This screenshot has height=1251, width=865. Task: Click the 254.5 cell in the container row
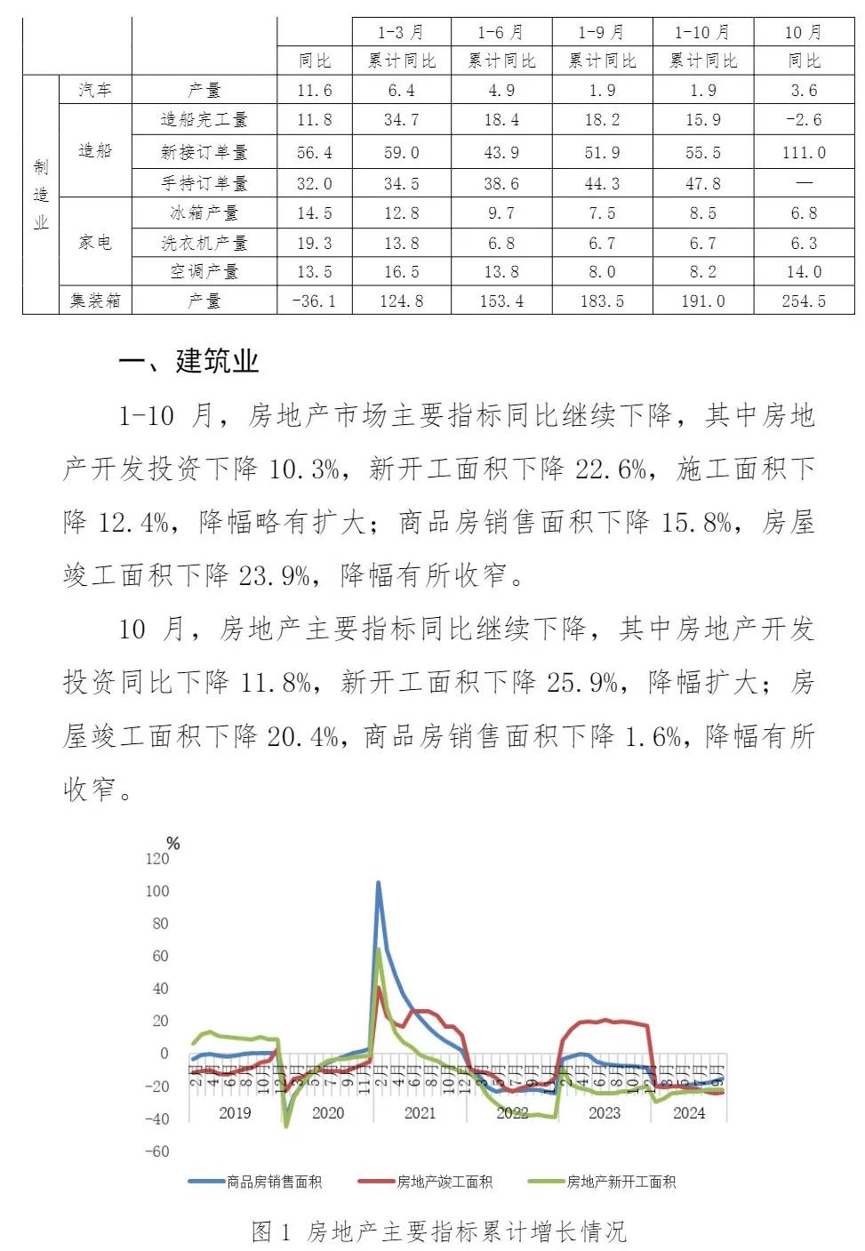(x=804, y=301)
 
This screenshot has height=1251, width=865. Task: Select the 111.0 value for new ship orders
(x=804, y=153)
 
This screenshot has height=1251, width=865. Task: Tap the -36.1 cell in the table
(x=314, y=301)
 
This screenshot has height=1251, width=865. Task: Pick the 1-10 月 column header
(x=702, y=33)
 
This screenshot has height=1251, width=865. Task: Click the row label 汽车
(x=94, y=90)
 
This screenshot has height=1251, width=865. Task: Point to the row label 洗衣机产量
(x=204, y=243)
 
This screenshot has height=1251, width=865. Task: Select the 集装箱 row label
(x=94, y=301)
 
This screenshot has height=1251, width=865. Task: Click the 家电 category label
(x=94, y=242)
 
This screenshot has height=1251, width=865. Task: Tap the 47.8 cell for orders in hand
(x=702, y=183)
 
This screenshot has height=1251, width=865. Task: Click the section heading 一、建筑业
(x=188, y=361)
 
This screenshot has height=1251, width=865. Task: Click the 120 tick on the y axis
(x=156, y=858)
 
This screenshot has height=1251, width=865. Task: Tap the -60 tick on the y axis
(x=156, y=1151)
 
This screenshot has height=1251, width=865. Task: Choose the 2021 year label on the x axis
(x=420, y=1112)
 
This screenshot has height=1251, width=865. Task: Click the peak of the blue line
(x=378, y=883)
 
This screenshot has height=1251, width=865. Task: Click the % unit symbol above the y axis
(x=173, y=843)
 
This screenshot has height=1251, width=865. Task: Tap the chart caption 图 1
(x=271, y=1231)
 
